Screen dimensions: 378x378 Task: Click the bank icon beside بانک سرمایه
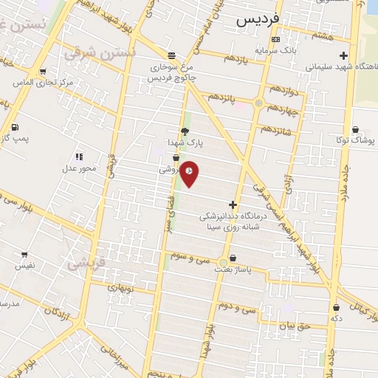coord(275,39)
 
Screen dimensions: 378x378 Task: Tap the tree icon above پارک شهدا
coord(185,131)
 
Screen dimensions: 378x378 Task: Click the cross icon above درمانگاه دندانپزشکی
coord(233,205)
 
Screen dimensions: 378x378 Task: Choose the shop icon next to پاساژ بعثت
coord(234,258)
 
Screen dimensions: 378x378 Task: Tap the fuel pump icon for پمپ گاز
coord(14,127)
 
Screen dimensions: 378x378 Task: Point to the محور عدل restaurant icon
coord(79,157)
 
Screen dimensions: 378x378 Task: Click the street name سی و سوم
coord(191,258)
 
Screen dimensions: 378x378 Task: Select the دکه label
coord(337,318)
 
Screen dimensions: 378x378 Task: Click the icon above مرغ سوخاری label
coord(171,55)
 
